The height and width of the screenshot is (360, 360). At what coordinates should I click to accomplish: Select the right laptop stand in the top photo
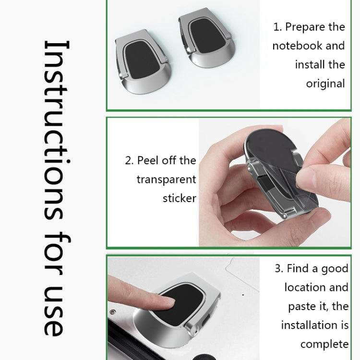[208, 41]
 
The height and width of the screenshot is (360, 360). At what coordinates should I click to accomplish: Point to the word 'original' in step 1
[325, 83]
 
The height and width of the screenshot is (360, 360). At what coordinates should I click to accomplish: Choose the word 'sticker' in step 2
[179, 198]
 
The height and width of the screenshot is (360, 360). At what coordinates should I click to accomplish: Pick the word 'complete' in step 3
[324, 344]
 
